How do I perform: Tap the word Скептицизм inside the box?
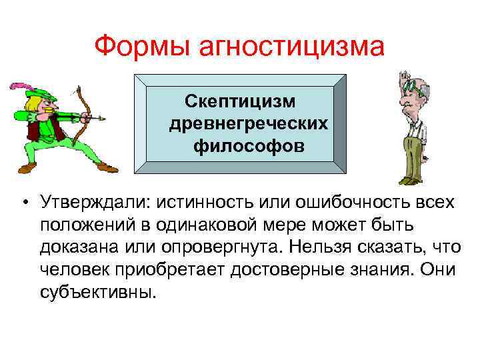(241, 101)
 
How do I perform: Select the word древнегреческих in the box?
(248, 123)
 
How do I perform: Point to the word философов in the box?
(249, 145)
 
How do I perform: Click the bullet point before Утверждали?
(23, 202)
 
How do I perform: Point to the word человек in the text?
(70, 270)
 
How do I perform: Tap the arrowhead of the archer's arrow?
(101, 119)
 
